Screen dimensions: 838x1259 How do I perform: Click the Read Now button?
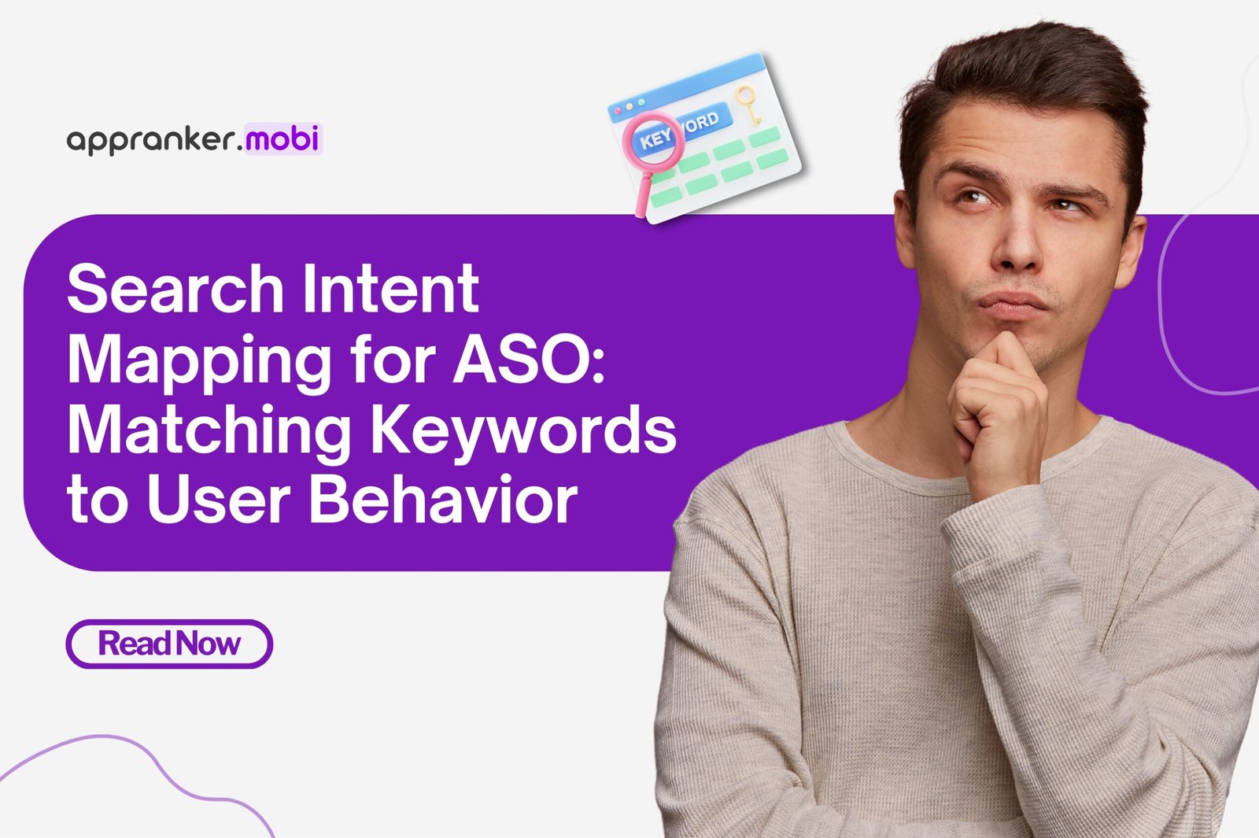click(169, 644)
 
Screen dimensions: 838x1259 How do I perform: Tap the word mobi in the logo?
click(282, 139)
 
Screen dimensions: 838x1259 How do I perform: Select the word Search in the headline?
click(175, 290)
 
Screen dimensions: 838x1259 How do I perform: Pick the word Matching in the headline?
click(209, 430)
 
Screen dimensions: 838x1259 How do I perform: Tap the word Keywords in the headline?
click(523, 430)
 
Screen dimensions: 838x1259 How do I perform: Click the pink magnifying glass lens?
click(652, 141)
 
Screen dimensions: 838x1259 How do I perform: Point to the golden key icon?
click(747, 104)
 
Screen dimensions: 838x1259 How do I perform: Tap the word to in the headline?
click(97, 501)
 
